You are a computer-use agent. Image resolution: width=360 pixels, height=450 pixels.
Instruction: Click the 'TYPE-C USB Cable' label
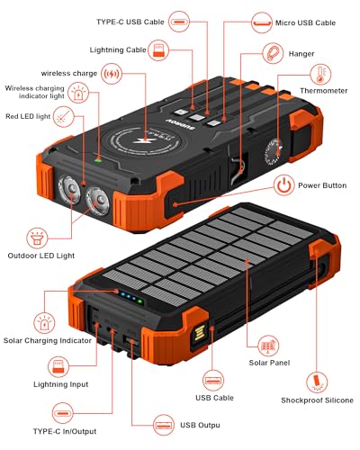143,20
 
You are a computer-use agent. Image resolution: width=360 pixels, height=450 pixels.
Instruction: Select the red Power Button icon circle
283,185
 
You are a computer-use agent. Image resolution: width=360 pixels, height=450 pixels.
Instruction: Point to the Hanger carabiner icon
269,53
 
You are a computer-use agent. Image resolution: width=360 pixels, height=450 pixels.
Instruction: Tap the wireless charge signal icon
112,72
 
